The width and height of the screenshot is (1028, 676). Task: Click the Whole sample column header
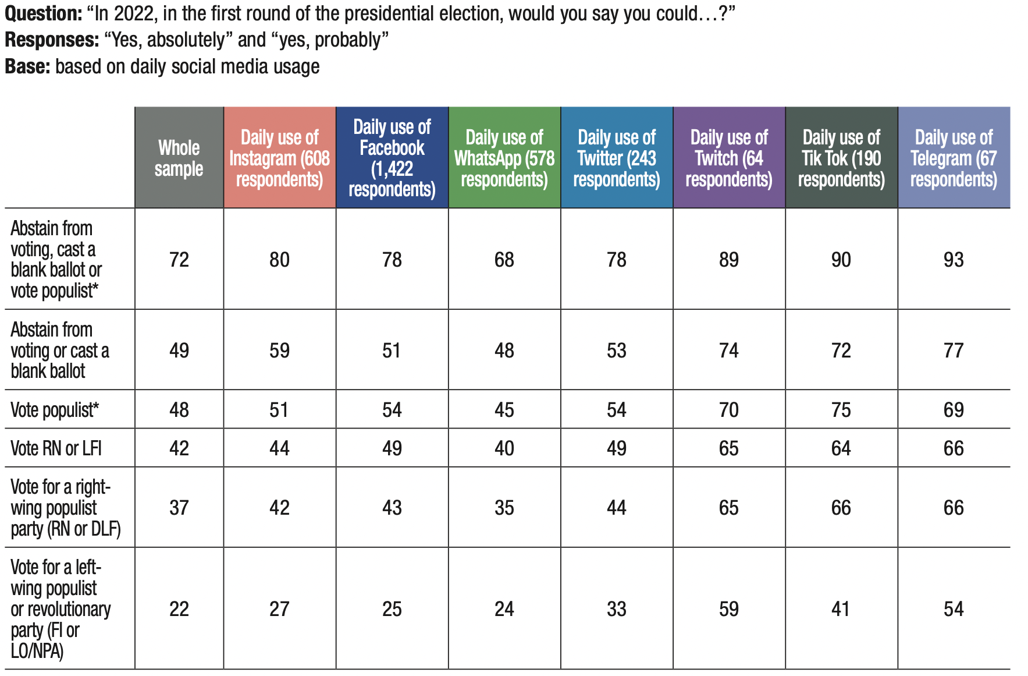tap(179, 158)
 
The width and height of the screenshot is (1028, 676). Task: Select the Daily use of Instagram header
tap(279, 158)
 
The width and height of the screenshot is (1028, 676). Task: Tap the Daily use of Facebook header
tap(392, 158)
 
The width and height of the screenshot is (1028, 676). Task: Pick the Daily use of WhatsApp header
tap(504, 158)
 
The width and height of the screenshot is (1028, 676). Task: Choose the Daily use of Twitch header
tap(729, 158)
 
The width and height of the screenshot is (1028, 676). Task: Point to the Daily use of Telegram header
tap(954, 158)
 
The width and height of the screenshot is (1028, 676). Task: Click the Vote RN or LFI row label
tap(56, 448)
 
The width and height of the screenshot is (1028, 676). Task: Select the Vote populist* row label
tap(55, 410)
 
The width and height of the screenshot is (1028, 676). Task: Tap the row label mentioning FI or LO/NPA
tap(61, 608)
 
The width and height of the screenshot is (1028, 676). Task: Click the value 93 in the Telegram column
tap(954, 260)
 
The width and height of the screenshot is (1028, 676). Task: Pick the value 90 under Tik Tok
tap(841, 260)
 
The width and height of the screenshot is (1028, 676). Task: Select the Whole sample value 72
tap(179, 260)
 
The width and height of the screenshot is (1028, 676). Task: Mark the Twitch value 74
tap(729, 351)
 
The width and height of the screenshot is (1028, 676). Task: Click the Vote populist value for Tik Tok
tap(841, 410)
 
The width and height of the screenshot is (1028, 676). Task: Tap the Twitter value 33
tap(617, 609)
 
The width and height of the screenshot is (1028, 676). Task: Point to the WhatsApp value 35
tap(504, 508)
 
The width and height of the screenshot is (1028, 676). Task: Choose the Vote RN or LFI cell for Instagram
tap(279, 448)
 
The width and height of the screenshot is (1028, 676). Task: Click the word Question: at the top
tap(43, 13)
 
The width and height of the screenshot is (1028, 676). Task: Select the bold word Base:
tap(27, 66)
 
